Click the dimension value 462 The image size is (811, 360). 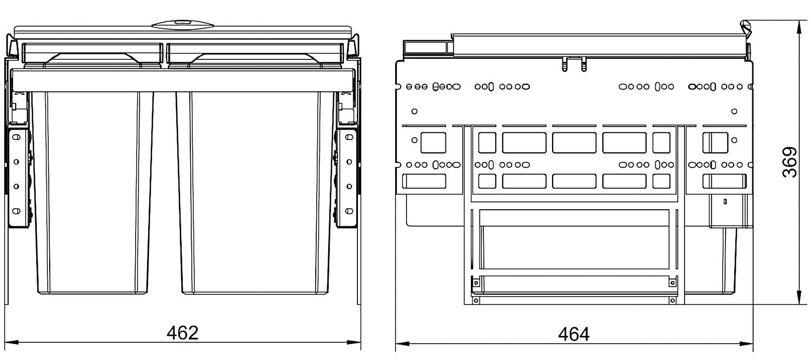point(183,333)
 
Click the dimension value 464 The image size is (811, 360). point(574,334)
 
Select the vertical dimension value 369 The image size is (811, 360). point(789,162)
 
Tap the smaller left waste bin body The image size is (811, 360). point(92,192)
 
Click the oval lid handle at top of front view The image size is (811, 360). point(183,25)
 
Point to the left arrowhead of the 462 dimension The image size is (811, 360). point(11,342)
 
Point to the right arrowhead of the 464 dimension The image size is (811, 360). point(746,343)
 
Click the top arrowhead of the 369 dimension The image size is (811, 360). point(800,28)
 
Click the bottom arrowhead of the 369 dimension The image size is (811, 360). point(800,297)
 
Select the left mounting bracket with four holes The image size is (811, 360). point(17,177)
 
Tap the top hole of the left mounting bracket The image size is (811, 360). point(16,137)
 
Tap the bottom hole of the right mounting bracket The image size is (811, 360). point(349,211)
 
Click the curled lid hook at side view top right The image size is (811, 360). point(746,29)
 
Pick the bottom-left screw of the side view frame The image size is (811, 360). point(476,301)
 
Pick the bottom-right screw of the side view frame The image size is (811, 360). point(673,301)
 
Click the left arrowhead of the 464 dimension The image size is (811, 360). point(403,343)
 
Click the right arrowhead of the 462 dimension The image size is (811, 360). point(354,342)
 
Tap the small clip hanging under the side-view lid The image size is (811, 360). point(574,64)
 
